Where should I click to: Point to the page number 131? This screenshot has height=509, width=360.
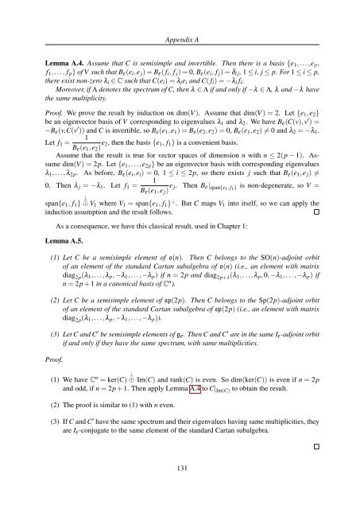180,480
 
